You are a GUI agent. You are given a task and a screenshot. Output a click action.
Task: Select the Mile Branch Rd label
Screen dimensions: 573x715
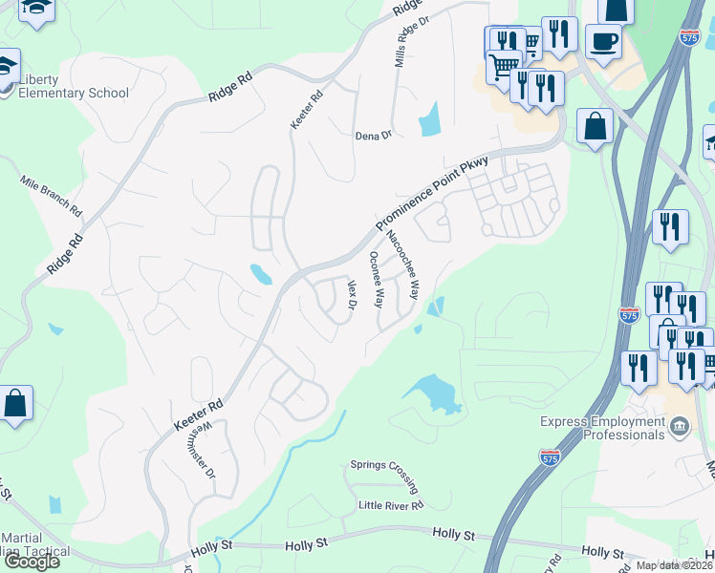(52, 196)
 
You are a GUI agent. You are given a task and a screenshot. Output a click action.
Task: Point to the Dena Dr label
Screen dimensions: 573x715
(373, 136)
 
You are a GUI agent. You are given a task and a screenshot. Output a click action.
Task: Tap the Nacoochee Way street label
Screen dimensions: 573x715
(402, 262)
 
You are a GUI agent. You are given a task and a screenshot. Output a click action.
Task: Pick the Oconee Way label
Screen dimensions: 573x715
(377, 280)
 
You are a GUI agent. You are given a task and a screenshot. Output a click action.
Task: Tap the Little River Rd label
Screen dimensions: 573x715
(390, 505)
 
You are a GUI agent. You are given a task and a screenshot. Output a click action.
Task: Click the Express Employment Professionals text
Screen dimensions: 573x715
(601, 427)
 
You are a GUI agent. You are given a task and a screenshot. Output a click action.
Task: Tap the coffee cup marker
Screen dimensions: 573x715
(603, 41)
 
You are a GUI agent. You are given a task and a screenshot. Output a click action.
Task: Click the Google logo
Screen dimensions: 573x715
(32, 561)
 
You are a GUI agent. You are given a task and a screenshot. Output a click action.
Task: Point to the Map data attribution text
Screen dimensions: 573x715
(675, 565)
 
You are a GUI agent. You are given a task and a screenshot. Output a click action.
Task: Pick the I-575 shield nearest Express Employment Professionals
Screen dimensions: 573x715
(550, 457)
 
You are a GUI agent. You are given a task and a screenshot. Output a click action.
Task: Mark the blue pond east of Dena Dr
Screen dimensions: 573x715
(430, 119)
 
